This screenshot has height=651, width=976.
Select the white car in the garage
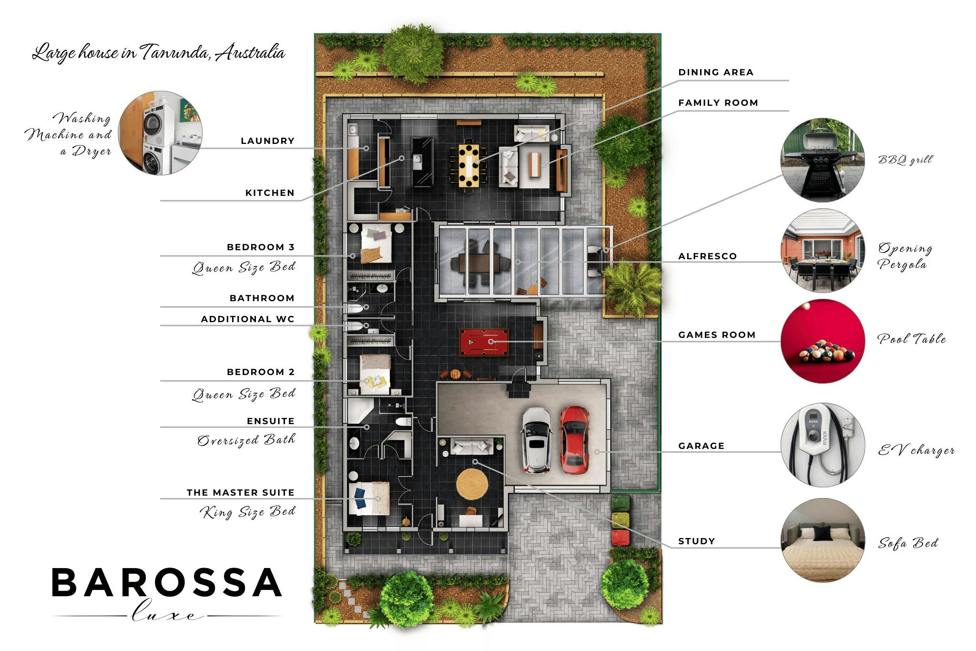537,440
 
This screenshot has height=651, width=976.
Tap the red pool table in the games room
484,342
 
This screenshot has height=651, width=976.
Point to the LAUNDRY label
267,141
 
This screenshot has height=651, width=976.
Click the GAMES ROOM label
717,335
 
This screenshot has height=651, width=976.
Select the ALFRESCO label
707,256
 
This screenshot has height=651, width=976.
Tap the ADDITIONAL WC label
248,319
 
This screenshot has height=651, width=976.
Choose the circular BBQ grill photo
822,160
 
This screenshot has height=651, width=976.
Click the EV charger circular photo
822,445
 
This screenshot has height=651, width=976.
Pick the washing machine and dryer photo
160,133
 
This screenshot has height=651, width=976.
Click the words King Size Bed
248,512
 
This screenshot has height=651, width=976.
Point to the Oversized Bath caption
246,440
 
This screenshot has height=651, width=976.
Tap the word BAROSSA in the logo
166,582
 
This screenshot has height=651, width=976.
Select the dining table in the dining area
469,166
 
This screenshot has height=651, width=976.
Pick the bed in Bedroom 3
376,243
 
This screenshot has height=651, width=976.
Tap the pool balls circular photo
822,341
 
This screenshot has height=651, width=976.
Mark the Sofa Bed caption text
908,543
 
